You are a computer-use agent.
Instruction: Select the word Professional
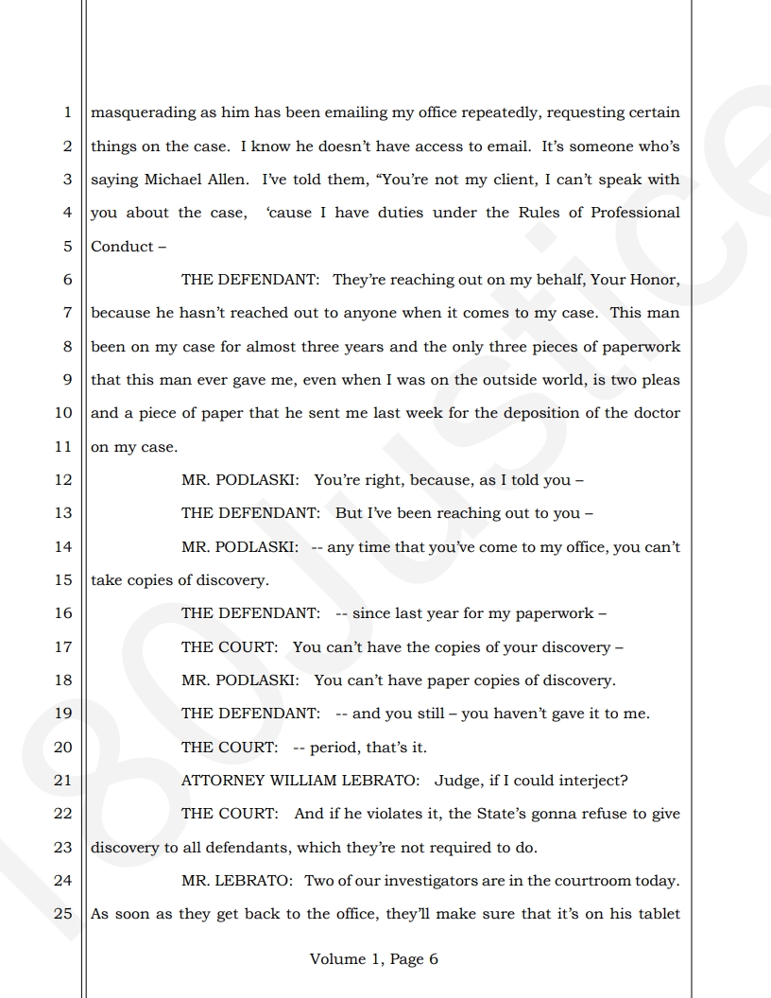pyautogui.click(x=635, y=213)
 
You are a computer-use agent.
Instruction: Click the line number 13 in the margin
pyautogui.click(x=63, y=513)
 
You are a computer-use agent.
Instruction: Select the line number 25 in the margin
pyautogui.click(x=63, y=914)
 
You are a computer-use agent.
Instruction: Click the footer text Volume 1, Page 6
pyautogui.click(x=374, y=958)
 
